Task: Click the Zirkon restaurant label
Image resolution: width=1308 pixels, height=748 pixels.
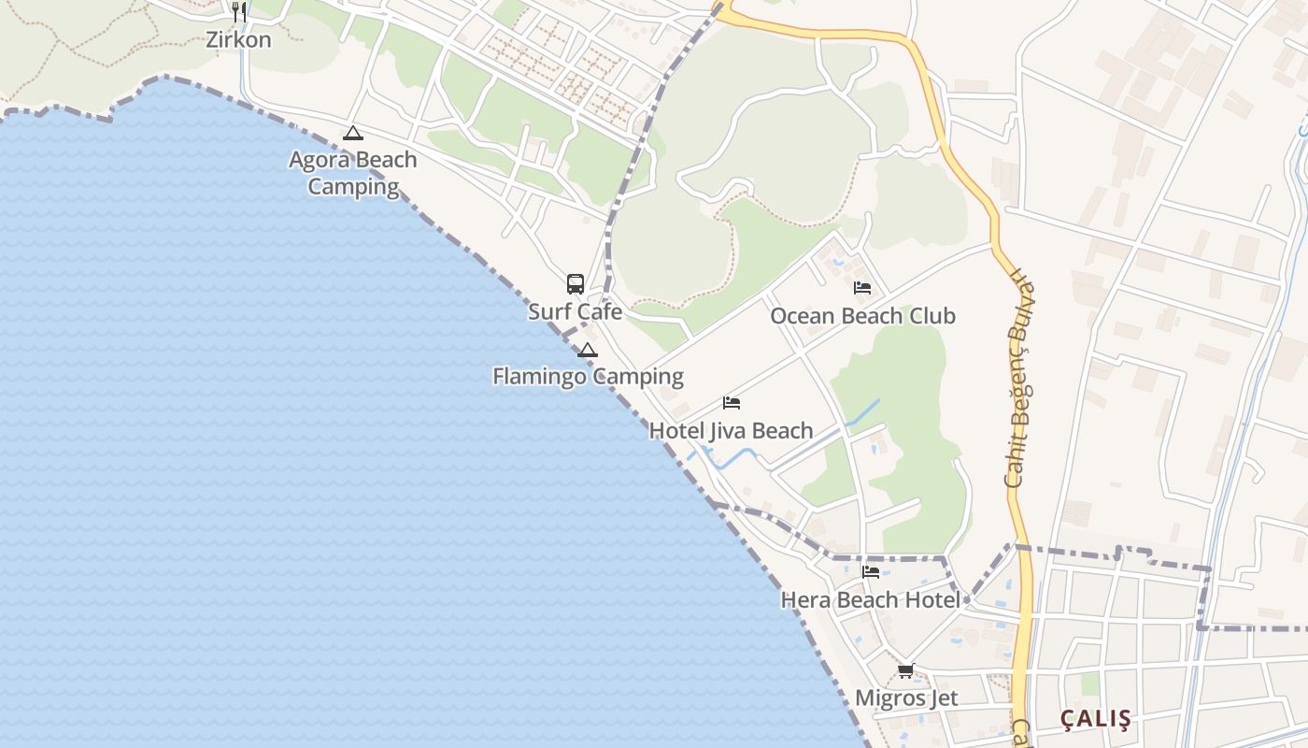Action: click(x=239, y=40)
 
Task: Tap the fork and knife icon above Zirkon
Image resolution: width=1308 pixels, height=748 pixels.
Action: click(x=239, y=12)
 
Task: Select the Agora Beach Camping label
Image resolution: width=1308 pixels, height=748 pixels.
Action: click(x=353, y=173)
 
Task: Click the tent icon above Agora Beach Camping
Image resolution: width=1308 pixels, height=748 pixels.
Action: click(x=352, y=134)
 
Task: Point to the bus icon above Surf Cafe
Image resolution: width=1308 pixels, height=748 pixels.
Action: click(x=576, y=284)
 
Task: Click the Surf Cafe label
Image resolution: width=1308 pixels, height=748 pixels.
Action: click(x=575, y=311)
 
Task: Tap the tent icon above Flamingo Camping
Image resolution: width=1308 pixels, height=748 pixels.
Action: click(x=587, y=351)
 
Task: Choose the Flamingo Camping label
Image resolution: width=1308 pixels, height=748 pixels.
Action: click(x=588, y=377)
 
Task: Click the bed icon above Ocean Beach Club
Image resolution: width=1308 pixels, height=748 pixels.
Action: click(x=862, y=288)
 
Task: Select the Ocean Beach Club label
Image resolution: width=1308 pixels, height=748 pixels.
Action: click(x=862, y=316)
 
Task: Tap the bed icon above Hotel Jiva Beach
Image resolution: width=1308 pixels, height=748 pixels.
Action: click(x=732, y=403)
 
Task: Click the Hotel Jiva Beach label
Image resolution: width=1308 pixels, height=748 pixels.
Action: click(x=731, y=431)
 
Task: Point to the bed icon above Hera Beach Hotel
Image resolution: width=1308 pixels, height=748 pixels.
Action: click(x=871, y=571)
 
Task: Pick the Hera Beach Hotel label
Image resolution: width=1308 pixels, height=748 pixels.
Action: click(x=870, y=599)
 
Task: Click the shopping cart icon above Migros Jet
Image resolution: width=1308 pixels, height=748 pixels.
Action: click(x=905, y=670)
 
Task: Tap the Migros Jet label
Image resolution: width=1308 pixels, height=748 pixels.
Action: click(x=906, y=698)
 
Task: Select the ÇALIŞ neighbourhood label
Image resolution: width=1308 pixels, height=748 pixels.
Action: click(x=1096, y=719)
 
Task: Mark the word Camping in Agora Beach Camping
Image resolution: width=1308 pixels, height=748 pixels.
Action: click(x=353, y=186)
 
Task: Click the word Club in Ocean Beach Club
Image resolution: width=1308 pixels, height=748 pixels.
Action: click(x=931, y=316)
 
